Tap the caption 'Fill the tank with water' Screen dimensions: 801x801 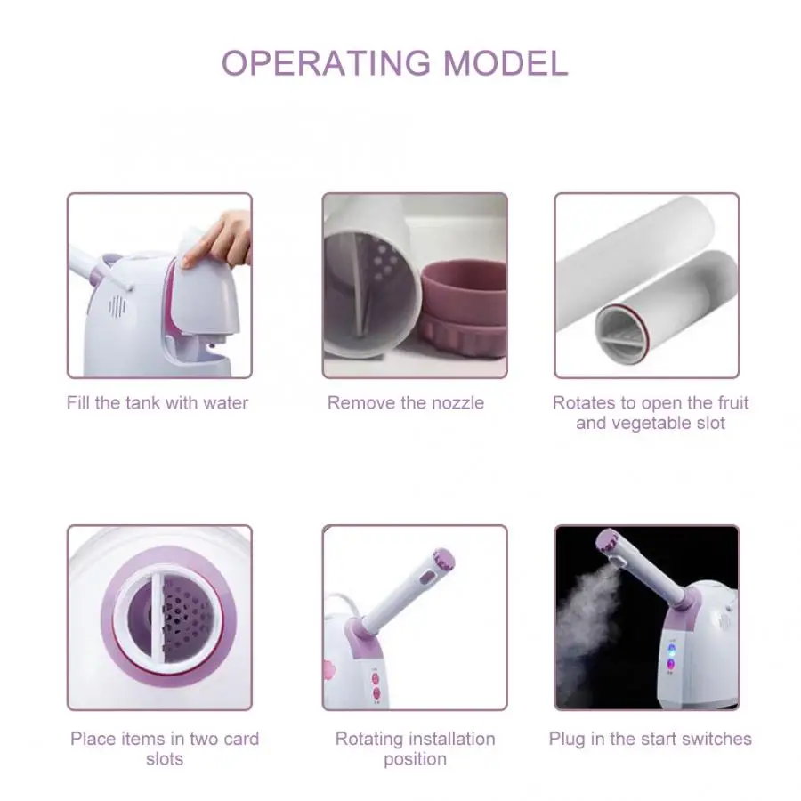click(158, 403)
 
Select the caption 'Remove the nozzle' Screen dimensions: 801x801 click(406, 403)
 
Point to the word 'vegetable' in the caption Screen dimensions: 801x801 click(647, 424)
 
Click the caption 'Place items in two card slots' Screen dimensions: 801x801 click(165, 748)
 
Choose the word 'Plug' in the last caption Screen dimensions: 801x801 click(566, 739)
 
